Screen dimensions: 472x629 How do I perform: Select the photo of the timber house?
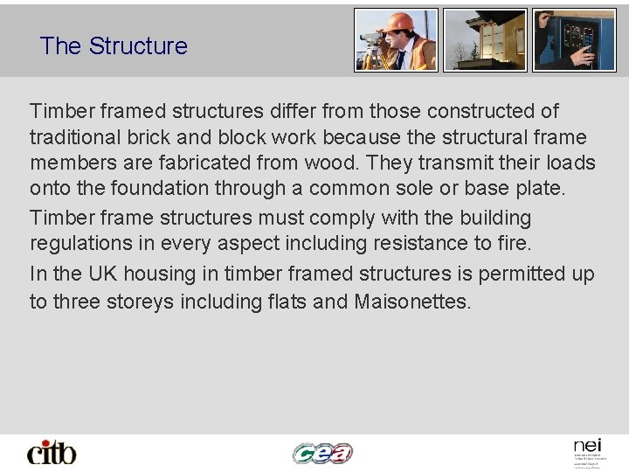[x=485, y=39]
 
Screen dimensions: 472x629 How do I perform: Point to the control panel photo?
[x=574, y=39]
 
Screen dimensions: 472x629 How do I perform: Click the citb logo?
[x=52, y=453]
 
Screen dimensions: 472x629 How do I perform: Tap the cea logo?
[x=322, y=453]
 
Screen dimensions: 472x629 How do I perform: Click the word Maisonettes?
[x=413, y=302]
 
